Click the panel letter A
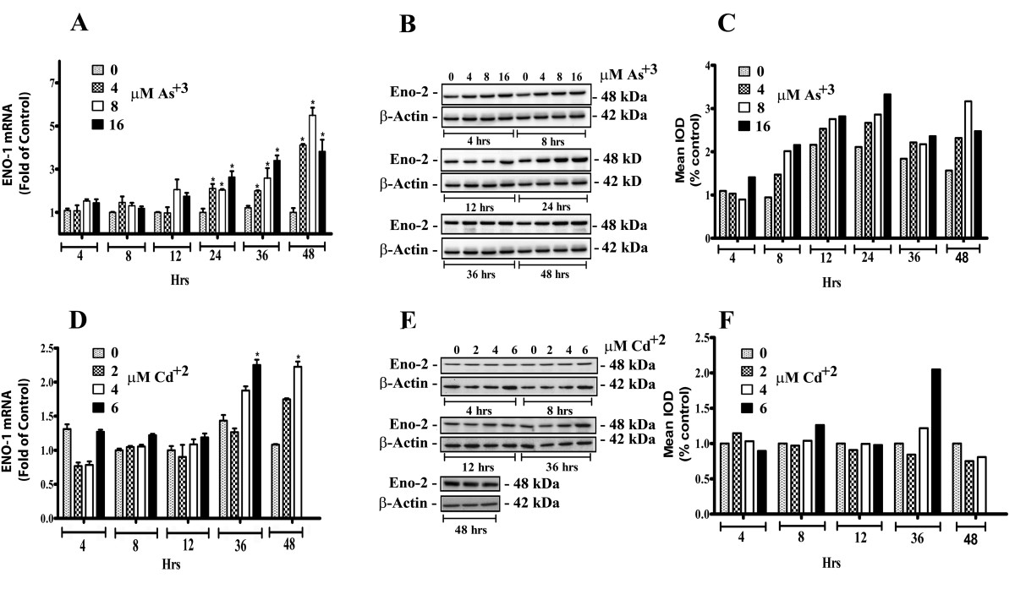tap(80, 25)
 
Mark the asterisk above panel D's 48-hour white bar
tap(297, 357)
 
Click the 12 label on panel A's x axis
tap(173, 263)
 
